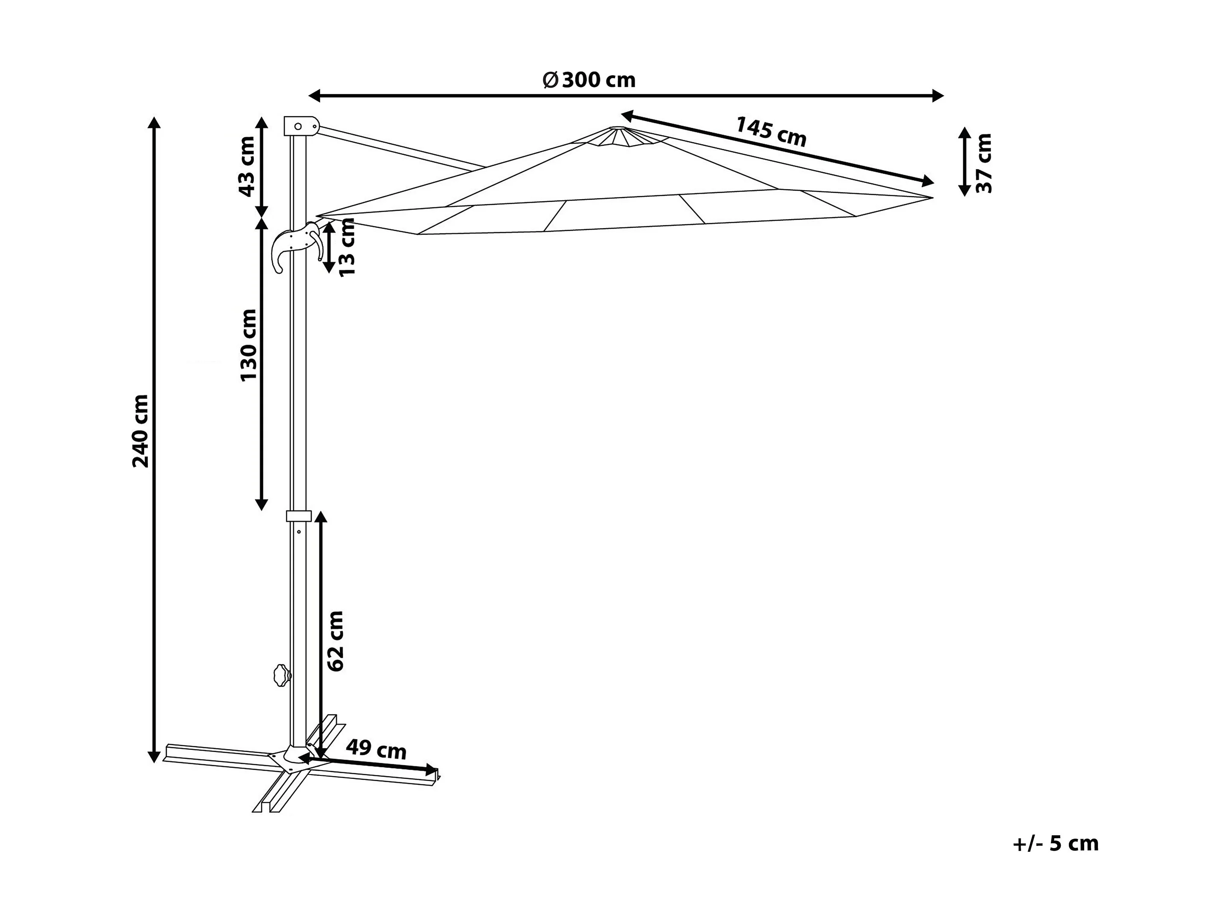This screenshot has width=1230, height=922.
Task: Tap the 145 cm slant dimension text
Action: (771, 132)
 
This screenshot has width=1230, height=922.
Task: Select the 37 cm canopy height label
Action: (984, 163)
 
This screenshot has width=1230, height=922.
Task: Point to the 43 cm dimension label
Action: (246, 166)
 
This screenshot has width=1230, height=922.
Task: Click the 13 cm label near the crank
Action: (347, 247)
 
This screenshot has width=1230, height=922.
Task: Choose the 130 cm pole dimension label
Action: (248, 345)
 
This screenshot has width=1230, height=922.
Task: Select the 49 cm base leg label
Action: (377, 750)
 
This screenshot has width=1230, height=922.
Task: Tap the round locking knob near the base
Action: (283, 676)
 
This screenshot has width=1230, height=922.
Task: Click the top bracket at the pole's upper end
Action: (301, 126)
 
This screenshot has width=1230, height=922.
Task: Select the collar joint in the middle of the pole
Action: (298, 516)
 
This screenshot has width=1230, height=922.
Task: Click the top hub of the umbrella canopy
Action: (618, 136)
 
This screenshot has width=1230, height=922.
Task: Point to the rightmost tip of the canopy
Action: (932, 197)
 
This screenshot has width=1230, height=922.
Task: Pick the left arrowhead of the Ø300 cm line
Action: (315, 96)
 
